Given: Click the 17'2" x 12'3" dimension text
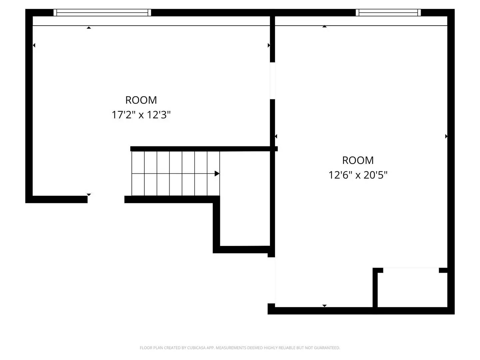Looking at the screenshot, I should point(141,115).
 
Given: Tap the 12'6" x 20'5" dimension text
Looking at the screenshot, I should point(358,175).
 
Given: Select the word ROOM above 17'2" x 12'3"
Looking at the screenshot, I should point(141,100).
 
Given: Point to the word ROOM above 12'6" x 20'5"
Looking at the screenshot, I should point(358,160).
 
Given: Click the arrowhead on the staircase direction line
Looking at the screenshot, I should point(217,174).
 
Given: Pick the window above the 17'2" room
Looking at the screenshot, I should point(102,13).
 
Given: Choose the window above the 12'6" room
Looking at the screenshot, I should point(388,13).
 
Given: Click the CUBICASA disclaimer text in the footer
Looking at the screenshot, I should point(240,348).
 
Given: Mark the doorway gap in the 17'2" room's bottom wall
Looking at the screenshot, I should point(106,199).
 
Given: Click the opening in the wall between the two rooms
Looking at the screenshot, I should point(272,81).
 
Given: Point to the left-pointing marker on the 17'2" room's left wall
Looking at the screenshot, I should point(34,45).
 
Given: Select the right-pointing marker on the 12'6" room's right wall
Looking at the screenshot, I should point(446,136).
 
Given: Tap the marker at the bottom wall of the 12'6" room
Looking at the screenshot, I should point(324,305).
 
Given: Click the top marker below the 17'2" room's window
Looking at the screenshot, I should point(89,28).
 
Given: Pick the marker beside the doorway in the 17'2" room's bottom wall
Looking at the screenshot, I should point(89,194).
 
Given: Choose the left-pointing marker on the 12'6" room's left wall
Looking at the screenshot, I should point(276,136).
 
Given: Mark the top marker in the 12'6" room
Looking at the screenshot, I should point(324,26).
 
